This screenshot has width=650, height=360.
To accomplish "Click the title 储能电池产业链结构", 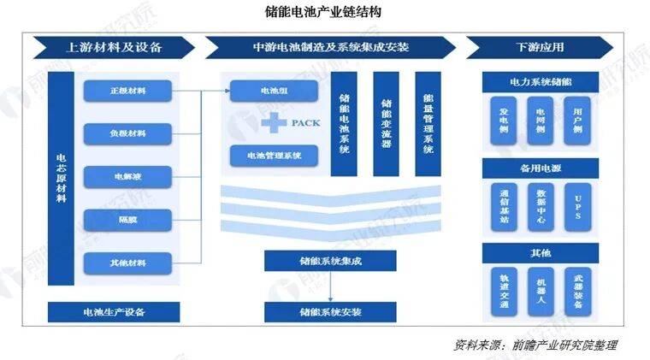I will [x=324, y=13].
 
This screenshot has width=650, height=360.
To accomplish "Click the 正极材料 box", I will [x=128, y=91].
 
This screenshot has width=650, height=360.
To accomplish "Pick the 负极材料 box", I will [x=128, y=134].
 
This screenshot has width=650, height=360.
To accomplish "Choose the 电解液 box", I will [x=128, y=177].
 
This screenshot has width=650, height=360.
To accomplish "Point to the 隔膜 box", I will [x=128, y=220].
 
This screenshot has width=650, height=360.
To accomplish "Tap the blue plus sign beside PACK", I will [x=275, y=123].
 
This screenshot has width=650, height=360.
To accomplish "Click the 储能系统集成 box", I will [x=317, y=260].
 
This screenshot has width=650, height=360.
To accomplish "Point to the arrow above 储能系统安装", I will [x=317, y=286].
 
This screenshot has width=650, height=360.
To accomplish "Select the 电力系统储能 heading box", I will [x=540, y=83].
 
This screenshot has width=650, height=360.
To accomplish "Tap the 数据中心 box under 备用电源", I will [x=540, y=206].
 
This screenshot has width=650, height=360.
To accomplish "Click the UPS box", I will [x=579, y=206].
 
